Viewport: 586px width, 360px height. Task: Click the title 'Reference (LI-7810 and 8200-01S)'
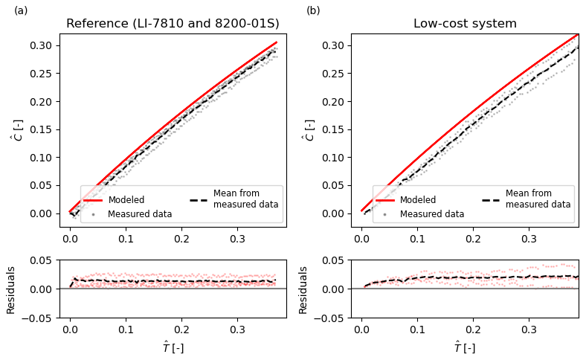173,24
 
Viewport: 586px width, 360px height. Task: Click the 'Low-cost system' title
465,24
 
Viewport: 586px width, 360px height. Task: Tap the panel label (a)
21,10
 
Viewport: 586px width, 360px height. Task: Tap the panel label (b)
313,10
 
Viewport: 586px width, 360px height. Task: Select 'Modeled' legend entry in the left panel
126,200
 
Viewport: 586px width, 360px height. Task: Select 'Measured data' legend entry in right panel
432,214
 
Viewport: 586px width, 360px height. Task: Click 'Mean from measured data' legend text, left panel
246,199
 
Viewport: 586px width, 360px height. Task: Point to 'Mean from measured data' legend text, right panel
538,199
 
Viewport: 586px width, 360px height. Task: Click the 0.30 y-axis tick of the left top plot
44,45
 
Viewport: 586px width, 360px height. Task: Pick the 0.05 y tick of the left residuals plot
44,260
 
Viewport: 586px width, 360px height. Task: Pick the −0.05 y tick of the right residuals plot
333,318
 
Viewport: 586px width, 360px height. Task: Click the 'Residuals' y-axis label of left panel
11,289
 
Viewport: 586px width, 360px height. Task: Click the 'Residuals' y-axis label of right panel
303,289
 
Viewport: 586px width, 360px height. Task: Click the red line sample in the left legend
93,200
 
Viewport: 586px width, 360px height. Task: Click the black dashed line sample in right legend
492,199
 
